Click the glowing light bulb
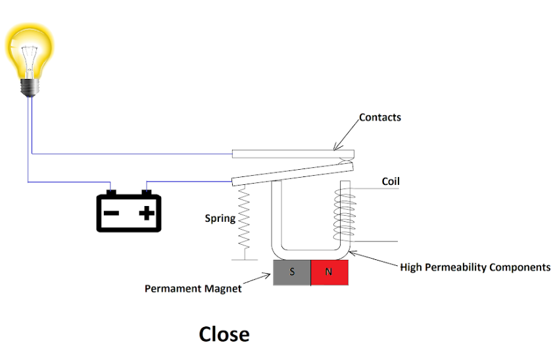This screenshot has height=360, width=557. [x=29, y=53]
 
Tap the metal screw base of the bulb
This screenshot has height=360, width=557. [x=29, y=87]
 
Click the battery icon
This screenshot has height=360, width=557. [x=129, y=211]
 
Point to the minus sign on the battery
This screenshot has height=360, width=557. [x=111, y=213]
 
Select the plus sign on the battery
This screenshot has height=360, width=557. [x=147, y=213]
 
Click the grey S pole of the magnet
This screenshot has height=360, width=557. [x=292, y=272]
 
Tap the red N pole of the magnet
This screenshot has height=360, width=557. [x=329, y=272]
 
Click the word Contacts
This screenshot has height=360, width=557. [x=379, y=118]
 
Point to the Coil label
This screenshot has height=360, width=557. [x=391, y=182]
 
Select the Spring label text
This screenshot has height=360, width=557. [x=220, y=219]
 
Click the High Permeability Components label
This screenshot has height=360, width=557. [x=475, y=267]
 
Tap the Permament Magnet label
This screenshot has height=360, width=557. [x=193, y=288]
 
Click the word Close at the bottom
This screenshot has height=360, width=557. [x=224, y=334]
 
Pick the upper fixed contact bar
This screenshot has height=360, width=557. [x=293, y=154]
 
